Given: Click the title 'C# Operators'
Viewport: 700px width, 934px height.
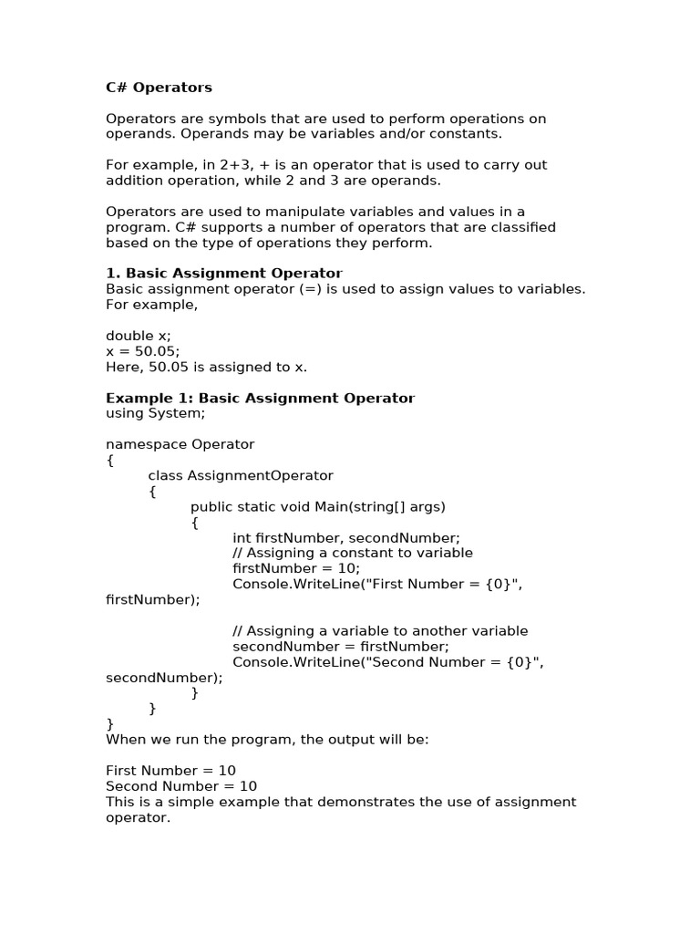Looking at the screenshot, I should point(159,88).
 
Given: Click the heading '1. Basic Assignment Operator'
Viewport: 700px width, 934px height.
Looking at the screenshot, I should point(224,274).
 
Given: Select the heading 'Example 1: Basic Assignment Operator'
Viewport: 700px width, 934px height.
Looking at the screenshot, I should point(260,399).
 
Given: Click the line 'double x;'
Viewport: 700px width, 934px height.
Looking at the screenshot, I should point(139,336).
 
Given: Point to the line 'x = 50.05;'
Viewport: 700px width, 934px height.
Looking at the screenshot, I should point(143,351).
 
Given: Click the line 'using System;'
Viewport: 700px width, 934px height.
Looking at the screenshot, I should point(155,414).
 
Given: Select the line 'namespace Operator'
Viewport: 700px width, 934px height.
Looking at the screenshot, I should point(180,445).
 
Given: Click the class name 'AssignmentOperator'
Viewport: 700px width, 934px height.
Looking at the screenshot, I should point(261,476).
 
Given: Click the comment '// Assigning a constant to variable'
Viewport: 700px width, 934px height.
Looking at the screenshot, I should point(353,553).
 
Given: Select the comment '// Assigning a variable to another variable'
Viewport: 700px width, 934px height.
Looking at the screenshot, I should point(380,631).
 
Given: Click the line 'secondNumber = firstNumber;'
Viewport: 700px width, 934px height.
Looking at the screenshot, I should point(327,647).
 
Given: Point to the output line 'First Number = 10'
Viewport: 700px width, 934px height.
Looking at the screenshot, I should point(170,771).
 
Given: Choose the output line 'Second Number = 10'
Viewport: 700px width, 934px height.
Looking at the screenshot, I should point(181,786).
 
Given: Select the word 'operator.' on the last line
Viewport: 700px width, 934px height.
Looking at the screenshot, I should point(138,818).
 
